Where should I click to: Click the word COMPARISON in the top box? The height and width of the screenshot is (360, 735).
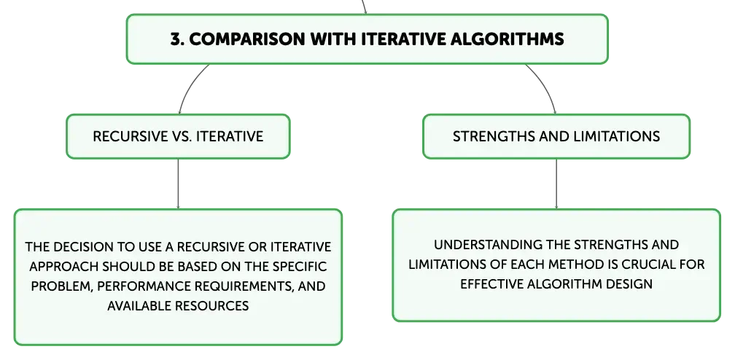[x=247, y=39]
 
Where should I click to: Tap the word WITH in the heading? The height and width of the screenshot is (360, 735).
[x=334, y=39]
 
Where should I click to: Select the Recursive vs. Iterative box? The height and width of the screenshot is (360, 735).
[x=178, y=136]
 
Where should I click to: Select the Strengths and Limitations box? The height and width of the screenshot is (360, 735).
[x=556, y=136]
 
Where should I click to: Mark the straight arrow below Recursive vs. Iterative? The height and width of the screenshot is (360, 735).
[x=178, y=184]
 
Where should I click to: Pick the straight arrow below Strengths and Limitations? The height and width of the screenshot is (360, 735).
[x=556, y=184]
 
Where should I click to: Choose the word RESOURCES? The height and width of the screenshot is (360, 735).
[x=212, y=305]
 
